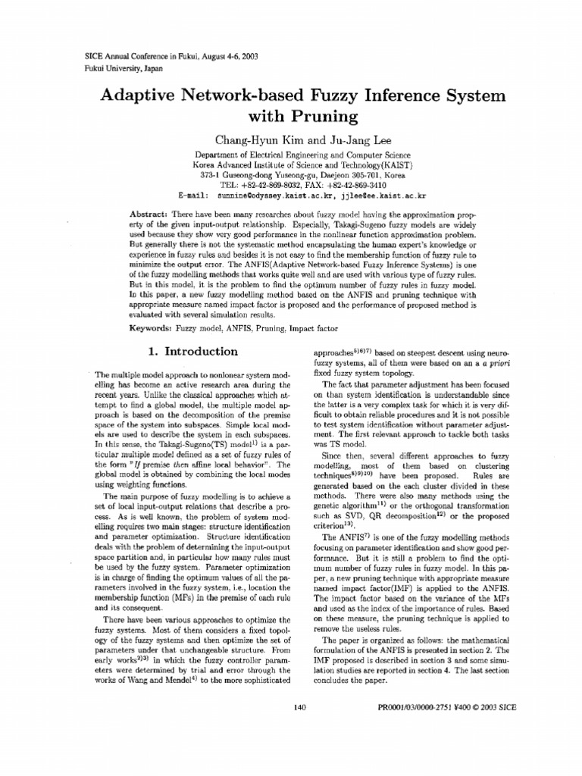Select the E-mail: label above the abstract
tap(192, 195)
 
